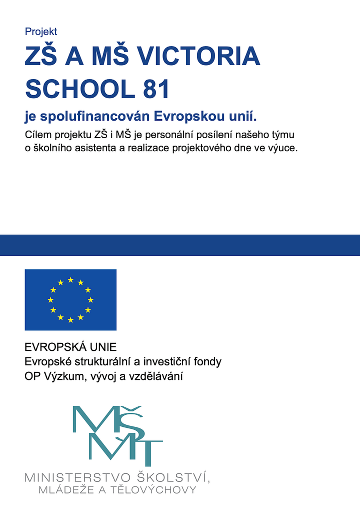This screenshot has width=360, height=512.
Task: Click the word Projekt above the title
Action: (41, 32)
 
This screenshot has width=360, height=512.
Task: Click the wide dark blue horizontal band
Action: (180, 245)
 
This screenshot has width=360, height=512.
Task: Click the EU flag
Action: (70, 300)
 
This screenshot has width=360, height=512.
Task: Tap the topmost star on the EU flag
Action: (70, 280)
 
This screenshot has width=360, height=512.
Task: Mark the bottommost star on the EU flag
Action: (70, 320)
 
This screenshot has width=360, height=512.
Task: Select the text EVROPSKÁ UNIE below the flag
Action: (70, 347)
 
